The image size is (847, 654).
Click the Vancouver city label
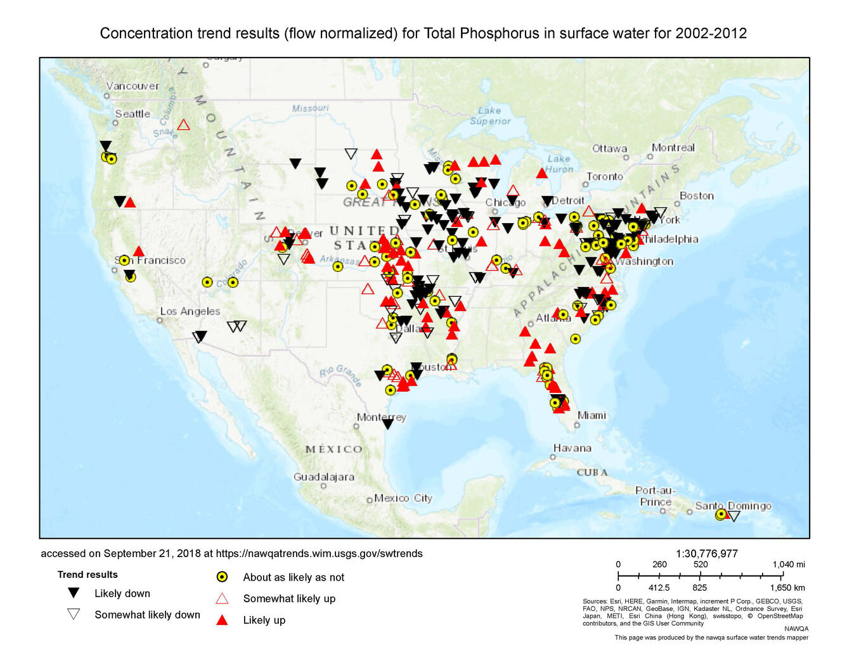[x=133, y=86]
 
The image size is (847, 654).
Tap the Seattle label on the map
[x=133, y=114]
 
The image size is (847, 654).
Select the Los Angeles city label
[x=190, y=311]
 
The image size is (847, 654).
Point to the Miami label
[x=592, y=416]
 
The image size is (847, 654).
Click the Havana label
[x=572, y=448]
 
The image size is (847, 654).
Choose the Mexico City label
[x=403, y=498]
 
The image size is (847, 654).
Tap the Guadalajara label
[x=323, y=477]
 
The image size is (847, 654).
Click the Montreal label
[x=673, y=148]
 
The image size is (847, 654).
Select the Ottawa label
[x=609, y=149]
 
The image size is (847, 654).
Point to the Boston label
[x=697, y=196]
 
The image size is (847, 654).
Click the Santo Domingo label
[x=733, y=506]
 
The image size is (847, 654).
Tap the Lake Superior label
[x=490, y=116]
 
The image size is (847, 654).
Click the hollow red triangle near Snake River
[x=183, y=125]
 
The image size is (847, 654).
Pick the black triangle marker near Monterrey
[x=387, y=424]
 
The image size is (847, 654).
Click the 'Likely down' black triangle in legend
[x=74, y=593]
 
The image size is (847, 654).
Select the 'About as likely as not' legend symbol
[x=222, y=577]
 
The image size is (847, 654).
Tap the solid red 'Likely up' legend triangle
[x=222, y=620]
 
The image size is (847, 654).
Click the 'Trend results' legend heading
[x=87, y=575]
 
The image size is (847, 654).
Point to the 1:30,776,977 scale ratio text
[x=706, y=554]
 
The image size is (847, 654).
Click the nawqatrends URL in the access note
[x=319, y=554]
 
